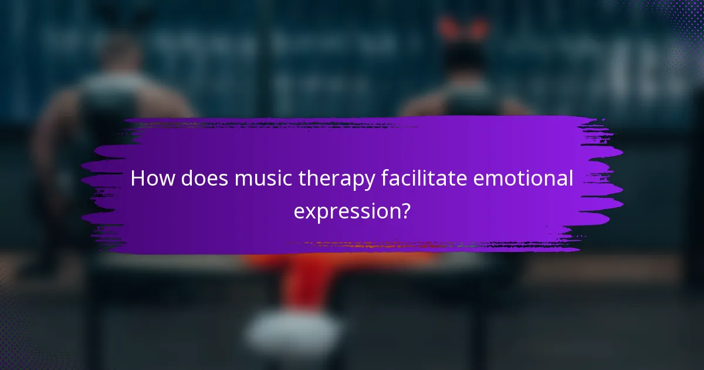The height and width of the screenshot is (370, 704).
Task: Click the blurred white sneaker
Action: [293, 329]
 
